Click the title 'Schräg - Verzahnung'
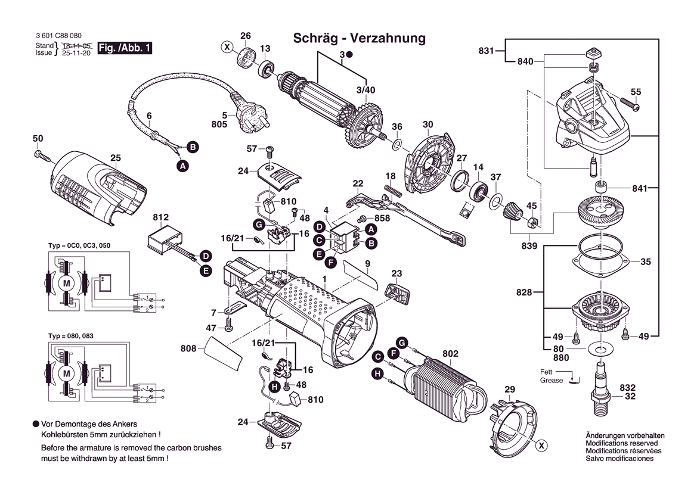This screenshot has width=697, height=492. point(360,39)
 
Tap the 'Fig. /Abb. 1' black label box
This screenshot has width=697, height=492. point(125,48)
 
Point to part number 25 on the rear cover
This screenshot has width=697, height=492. point(116,158)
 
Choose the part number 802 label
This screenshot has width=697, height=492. point(450,354)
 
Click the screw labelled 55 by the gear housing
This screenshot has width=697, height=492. point(633,106)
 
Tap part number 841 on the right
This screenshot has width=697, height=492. point(640,188)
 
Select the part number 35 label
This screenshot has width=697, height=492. point(646,261)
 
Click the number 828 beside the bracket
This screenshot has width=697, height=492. point(525,292)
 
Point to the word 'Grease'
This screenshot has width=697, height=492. point(552,380)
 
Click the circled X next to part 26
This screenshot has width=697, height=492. point(227,46)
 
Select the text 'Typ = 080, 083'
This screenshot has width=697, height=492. point(70,337)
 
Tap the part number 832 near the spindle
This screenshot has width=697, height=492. point(627,387)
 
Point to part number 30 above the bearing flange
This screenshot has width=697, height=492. point(428,124)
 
